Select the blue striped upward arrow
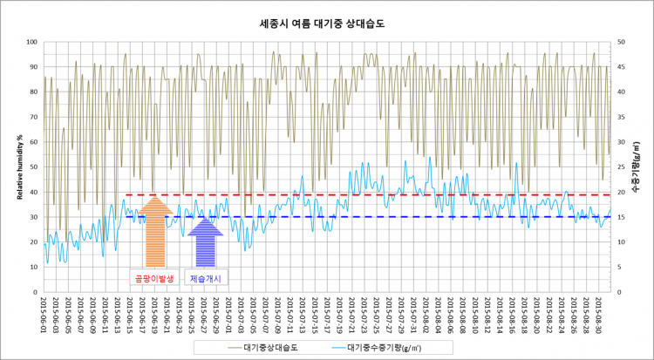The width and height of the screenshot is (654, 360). coord(205,243)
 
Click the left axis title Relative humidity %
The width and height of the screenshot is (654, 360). coord(19,166)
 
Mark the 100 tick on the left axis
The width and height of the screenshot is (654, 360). coord(31,42)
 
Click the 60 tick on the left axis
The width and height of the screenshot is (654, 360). coord(32,142)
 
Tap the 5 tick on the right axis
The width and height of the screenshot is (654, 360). coord(618,267)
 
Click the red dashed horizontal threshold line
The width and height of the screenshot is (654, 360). coord(392,194)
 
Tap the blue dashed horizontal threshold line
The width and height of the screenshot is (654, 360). coord(392,217)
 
